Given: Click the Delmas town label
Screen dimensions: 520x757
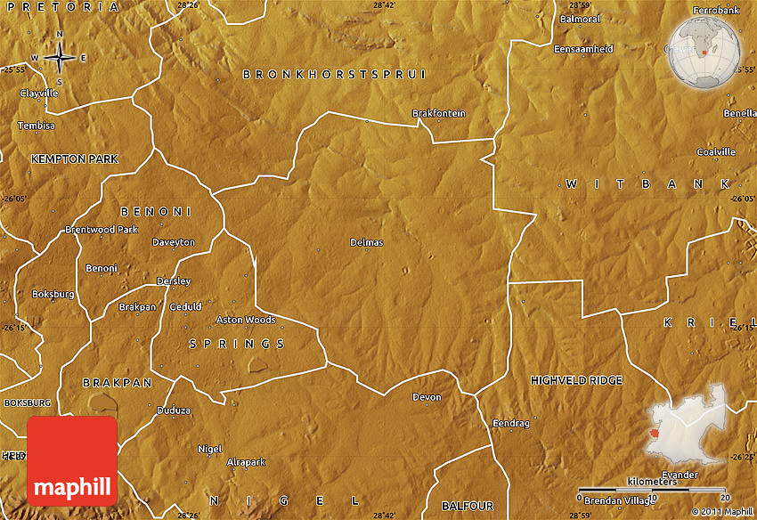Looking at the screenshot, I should pyautogui.click(x=366, y=242).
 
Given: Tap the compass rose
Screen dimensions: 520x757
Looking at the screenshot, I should pyautogui.click(x=60, y=58).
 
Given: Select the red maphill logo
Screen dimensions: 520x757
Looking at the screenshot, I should pyautogui.click(x=73, y=460).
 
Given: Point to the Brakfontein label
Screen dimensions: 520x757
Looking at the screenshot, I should pyautogui.click(x=438, y=113).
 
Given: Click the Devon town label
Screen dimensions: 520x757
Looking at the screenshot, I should pyautogui.click(x=427, y=397).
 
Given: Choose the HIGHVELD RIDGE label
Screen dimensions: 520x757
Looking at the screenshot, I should pyautogui.click(x=576, y=380).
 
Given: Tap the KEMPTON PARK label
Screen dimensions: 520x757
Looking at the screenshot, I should pyautogui.click(x=74, y=158).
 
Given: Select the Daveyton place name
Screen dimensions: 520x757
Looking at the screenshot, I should pyautogui.click(x=173, y=242).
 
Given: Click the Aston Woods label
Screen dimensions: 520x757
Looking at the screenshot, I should pyautogui.click(x=246, y=320).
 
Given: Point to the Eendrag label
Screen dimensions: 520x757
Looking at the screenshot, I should pyautogui.click(x=511, y=424).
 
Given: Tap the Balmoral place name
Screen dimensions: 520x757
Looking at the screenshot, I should pyautogui.click(x=580, y=19).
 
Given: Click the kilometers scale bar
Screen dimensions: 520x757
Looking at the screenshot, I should pyautogui.click(x=653, y=489).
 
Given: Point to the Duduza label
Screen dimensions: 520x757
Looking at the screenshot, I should pyautogui.click(x=174, y=410).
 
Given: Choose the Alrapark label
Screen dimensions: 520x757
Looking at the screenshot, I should pyautogui.click(x=247, y=462).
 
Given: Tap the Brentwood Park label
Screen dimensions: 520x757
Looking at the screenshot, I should pyautogui.click(x=102, y=230).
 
